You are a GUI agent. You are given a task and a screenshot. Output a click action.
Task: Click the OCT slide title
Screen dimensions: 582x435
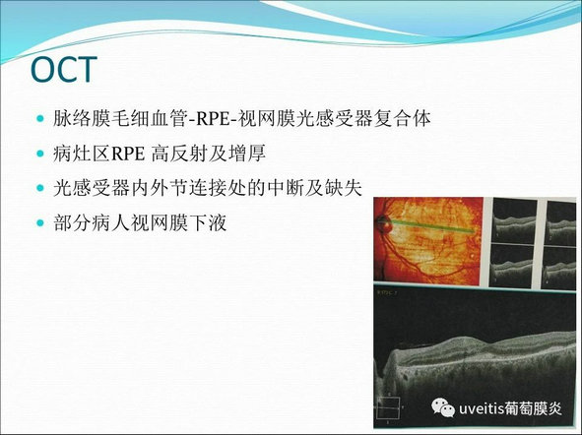(63, 69)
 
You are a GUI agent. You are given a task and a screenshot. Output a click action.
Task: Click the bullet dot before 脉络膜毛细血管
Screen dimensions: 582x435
(40, 119)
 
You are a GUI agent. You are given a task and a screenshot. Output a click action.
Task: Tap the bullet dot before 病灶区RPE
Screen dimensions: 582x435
(40, 154)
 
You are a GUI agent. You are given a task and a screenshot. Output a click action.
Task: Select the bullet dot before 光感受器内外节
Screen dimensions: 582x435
(40, 188)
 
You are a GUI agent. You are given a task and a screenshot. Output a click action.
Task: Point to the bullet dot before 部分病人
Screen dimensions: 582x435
(40, 222)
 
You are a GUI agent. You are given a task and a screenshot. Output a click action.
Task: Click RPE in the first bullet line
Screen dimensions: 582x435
(213, 119)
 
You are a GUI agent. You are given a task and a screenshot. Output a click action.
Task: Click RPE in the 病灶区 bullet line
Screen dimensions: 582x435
(128, 154)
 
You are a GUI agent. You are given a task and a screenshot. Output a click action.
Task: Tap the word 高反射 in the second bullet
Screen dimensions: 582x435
(179, 154)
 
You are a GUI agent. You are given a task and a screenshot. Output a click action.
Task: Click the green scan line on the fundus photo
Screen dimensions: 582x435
(431, 226)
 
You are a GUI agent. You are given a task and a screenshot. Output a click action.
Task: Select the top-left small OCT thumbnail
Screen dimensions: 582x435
(514, 220)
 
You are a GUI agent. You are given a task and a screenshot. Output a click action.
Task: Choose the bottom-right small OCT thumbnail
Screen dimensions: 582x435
(561, 268)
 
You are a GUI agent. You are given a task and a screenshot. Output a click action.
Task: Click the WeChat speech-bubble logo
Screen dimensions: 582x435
(443, 407)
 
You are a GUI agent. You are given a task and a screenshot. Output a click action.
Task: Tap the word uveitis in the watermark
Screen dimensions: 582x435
(481, 408)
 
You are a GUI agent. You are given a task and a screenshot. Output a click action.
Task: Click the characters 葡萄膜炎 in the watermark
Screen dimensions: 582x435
(532, 408)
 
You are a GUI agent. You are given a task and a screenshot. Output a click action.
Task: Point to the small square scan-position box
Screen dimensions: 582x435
(388, 407)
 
